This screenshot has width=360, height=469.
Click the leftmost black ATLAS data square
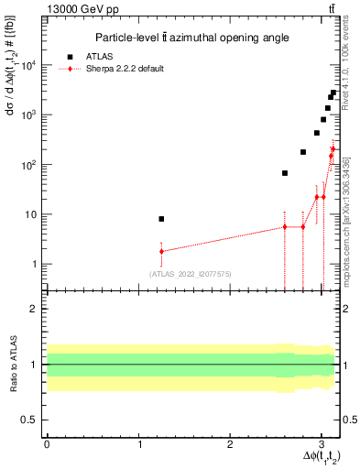point(161,219)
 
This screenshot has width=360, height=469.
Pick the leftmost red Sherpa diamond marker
point(161,251)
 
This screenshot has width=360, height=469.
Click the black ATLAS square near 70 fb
point(285,173)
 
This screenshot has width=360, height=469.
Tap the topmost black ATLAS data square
point(333,93)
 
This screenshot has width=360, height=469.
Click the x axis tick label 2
point(231,442)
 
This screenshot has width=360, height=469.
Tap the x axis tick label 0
point(47,442)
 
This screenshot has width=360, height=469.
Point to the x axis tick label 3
point(322,442)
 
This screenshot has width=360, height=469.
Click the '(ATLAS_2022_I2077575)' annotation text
point(190,274)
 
